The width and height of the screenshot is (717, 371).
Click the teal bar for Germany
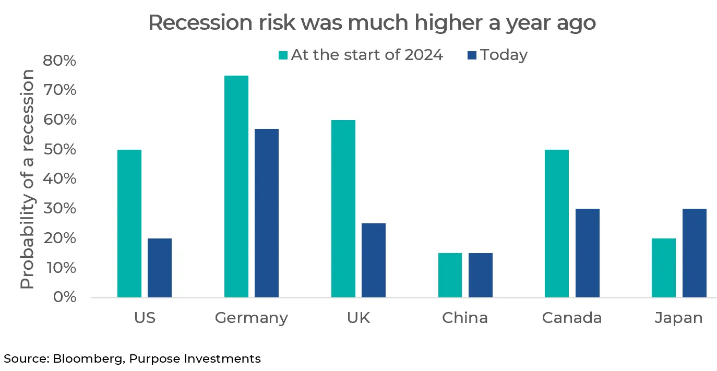click(236, 186)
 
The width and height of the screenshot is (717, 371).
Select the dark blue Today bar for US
click(159, 268)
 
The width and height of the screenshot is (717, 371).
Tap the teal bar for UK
click(343, 209)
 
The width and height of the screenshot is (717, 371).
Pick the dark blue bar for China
click(480, 275)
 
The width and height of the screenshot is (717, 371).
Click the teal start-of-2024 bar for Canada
click(556, 223)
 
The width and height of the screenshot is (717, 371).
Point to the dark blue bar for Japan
click(694, 253)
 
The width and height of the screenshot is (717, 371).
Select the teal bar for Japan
click(664, 268)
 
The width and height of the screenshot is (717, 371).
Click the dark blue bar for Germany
click(266, 213)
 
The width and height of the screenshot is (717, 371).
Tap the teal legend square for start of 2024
click(283, 55)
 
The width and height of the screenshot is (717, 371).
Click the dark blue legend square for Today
click(472, 55)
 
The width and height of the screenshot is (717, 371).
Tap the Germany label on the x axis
click(251, 318)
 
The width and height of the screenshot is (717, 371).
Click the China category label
click(464, 318)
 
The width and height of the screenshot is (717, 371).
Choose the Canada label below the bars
click(571, 318)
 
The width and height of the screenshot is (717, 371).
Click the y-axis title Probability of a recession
click(27, 179)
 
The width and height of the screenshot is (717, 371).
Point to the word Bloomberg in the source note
click(88, 359)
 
